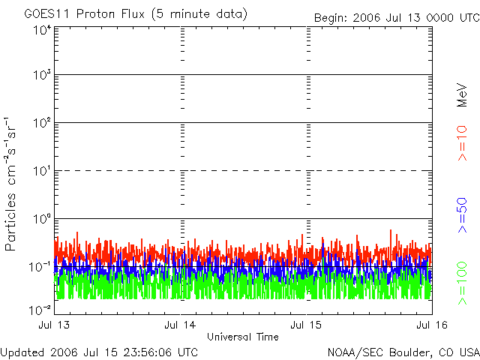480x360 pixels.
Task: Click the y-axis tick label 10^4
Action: coord(41,30)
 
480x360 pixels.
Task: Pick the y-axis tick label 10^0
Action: coord(41,220)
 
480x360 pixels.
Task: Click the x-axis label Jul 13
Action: coord(54,325)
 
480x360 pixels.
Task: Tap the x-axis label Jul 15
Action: coord(307,325)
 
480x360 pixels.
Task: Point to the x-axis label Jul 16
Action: coord(431,325)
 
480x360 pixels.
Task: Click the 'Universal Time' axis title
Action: coord(243,337)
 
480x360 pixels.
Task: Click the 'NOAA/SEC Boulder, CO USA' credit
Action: coord(403,352)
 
